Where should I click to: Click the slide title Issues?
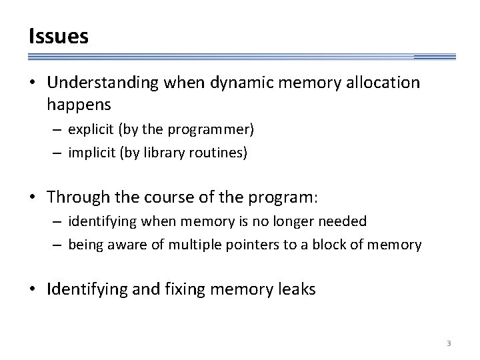[58, 37]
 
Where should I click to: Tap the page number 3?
[449, 343]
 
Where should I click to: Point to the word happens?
[79, 105]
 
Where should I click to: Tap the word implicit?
[93, 152]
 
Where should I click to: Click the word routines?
[222, 152]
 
